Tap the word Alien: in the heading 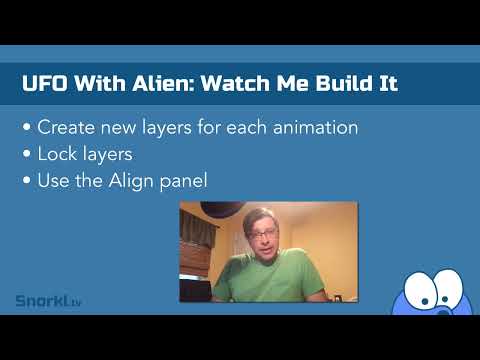click(163, 83)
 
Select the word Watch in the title click(235, 83)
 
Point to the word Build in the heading click(344, 83)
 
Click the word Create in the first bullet click(67, 127)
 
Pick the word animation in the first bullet click(315, 127)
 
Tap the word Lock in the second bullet click(57, 154)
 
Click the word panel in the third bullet click(183, 181)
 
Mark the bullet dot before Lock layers click(27, 154)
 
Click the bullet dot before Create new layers click(27, 127)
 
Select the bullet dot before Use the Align click(27, 180)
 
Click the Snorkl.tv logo click(48, 301)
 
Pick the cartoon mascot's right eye click(447, 286)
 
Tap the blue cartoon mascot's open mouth click(443, 311)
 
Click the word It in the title click(389, 83)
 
